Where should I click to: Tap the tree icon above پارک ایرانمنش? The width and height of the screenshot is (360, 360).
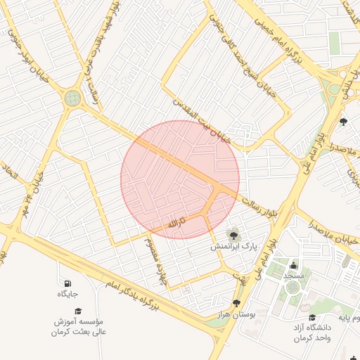pyautogui.click(x=232, y=234)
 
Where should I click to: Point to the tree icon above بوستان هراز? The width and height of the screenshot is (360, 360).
pyautogui.click(x=236, y=302)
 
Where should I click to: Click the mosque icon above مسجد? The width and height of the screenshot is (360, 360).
pyautogui.click(x=293, y=265)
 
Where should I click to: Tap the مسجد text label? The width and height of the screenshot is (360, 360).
pyautogui.click(x=293, y=276)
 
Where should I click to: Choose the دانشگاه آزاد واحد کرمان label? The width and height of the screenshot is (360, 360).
pyautogui.click(x=312, y=333)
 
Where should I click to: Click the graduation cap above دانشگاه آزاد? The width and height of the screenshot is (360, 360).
pyautogui.click(x=312, y=318)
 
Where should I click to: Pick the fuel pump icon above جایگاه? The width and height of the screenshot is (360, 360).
pyautogui.click(x=63, y=283)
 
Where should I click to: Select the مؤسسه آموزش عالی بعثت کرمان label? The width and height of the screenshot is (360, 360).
pyautogui.click(x=79, y=326)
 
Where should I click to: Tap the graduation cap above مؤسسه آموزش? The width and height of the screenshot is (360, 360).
pyautogui.click(x=79, y=310)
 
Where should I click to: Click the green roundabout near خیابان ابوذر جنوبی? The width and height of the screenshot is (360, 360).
pyautogui.click(x=72, y=99)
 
